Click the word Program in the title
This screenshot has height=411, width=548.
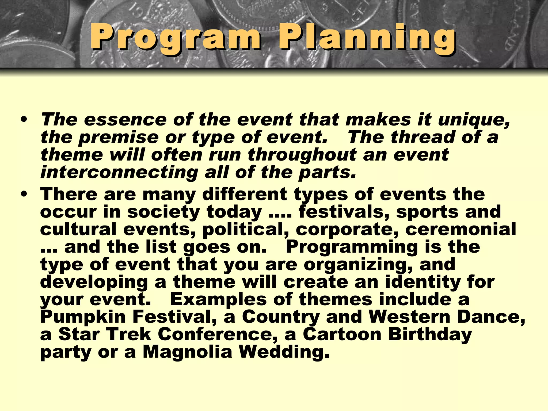tap(175, 37)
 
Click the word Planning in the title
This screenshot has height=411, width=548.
tap(367, 37)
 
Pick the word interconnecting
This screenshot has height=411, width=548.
tap(119, 172)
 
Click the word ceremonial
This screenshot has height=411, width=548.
tap(461, 229)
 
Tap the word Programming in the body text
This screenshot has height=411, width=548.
tap(352, 247)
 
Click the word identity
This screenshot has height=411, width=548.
tap(423, 282)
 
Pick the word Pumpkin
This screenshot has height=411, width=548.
tap(83, 317)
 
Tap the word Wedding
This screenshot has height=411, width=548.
tap(284, 352)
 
